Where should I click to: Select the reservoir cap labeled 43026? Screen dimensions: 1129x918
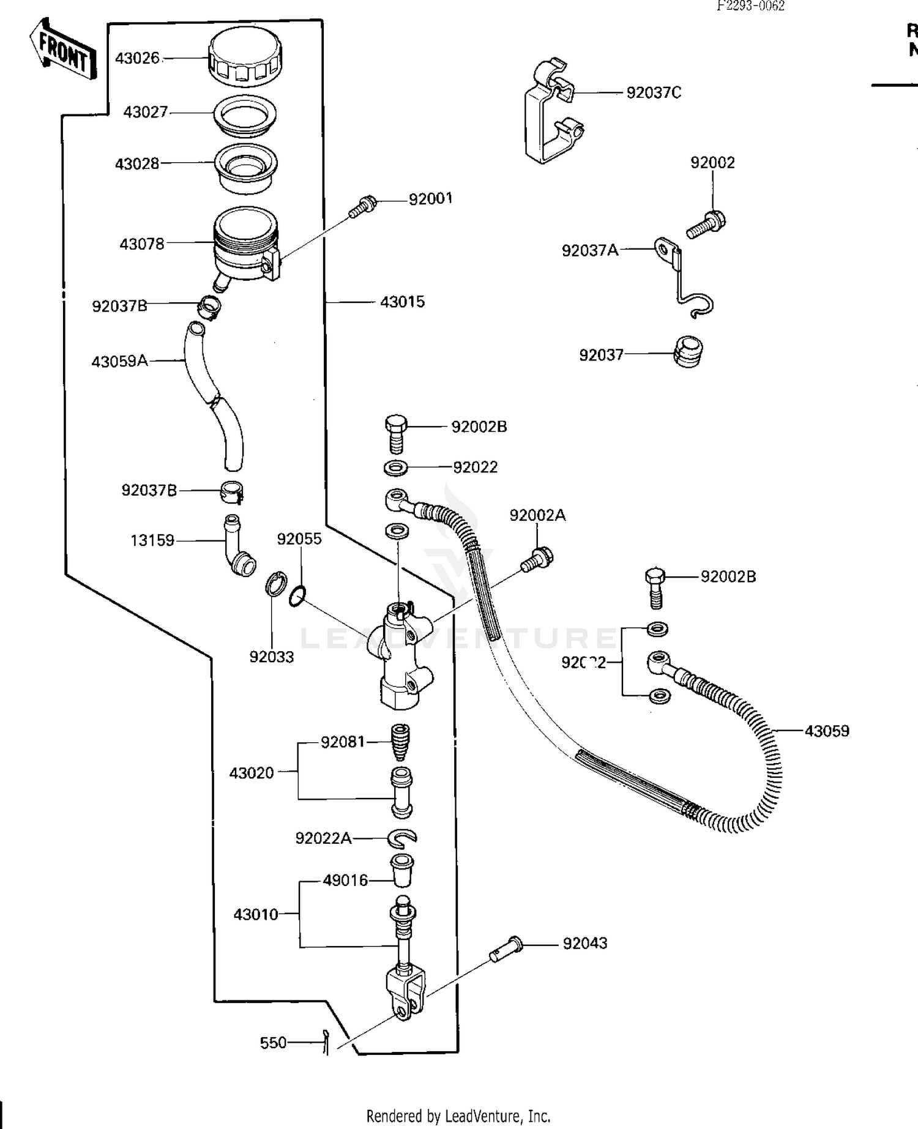click(245, 59)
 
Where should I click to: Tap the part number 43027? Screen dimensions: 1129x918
click(145, 113)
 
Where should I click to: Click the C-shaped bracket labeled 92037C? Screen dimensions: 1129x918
click(551, 113)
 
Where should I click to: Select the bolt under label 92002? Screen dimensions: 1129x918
click(706, 224)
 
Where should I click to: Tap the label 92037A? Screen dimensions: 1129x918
click(590, 250)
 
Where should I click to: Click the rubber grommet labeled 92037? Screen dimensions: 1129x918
click(688, 352)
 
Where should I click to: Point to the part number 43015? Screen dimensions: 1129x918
click(402, 302)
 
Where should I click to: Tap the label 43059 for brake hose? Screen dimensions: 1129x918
click(826, 731)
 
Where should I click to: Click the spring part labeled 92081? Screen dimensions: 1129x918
click(400, 742)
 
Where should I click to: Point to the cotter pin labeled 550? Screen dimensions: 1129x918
click(326, 1042)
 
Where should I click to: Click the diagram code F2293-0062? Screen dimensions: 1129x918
click(751, 6)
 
